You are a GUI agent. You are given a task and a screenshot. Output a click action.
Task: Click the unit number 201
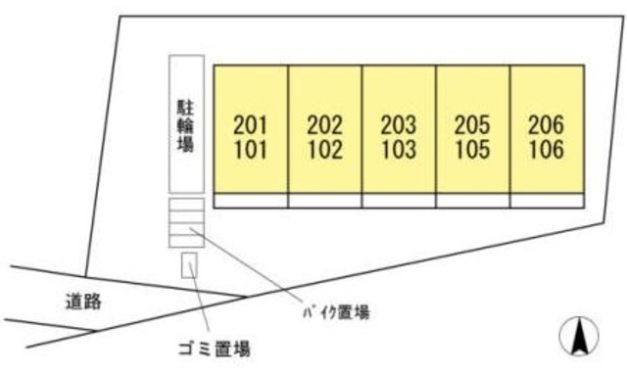click(x=251, y=125)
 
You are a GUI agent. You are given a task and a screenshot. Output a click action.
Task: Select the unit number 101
click(x=251, y=151)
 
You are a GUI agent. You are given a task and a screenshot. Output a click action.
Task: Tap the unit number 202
click(x=324, y=125)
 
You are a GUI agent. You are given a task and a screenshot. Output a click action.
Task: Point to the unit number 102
click(x=324, y=151)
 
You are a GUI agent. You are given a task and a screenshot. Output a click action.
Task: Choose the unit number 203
click(x=398, y=125)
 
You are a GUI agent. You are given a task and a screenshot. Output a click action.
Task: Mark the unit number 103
click(x=398, y=151)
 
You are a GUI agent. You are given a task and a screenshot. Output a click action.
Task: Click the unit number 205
click(x=472, y=125)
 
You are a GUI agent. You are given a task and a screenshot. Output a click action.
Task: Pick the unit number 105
click(x=472, y=151)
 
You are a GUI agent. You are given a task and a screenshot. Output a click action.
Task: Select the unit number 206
click(x=546, y=125)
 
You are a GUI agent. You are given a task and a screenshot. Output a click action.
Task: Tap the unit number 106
click(x=546, y=151)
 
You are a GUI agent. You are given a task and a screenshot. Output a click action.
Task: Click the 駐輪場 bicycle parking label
click(x=186, y=123)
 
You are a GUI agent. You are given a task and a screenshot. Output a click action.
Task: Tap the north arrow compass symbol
click(x=579, y=337)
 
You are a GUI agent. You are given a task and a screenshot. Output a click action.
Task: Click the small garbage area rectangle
click(x=189, y=264)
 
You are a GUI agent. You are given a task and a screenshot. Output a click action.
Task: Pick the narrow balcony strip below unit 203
click(x=398, y=201)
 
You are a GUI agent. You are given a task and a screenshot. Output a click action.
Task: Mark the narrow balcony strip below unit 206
click(x=547, y=201)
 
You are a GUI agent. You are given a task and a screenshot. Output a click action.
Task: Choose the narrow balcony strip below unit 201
click(x=251, y=201)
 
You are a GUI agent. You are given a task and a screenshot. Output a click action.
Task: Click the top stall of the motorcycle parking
click(x=186, y=206)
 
